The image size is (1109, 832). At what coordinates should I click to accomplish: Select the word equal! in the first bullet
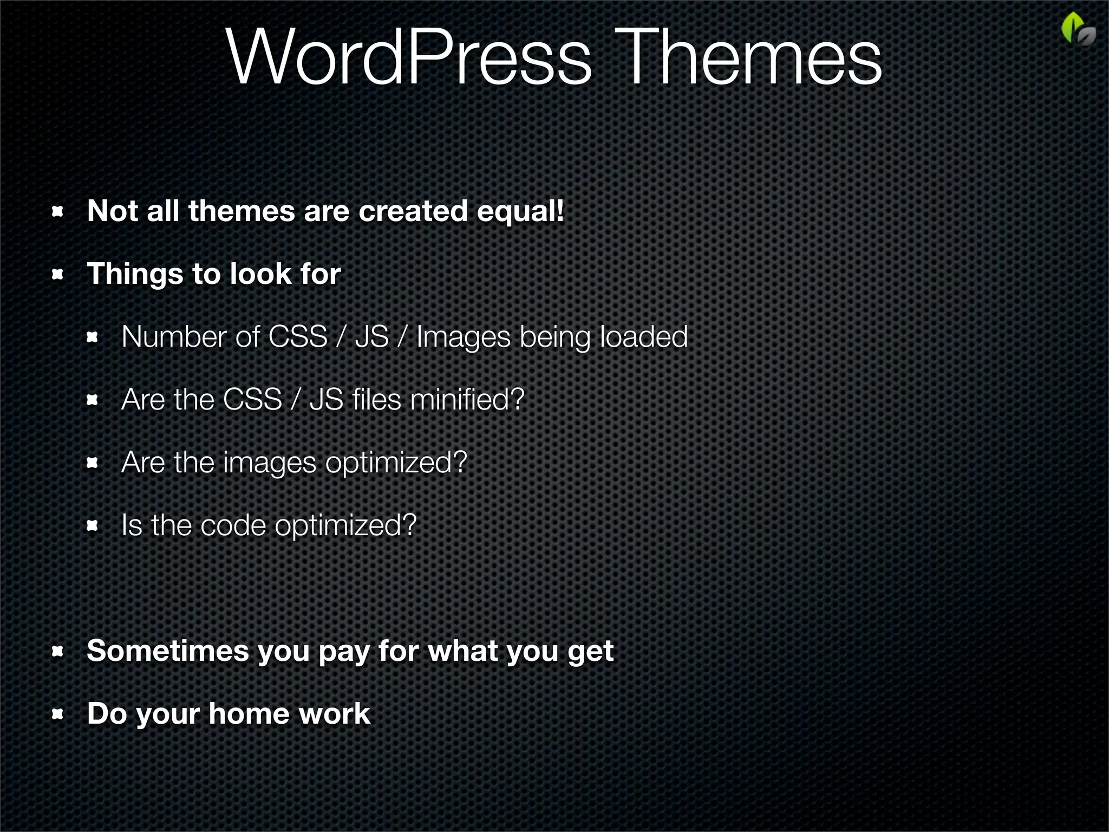coord(520,211)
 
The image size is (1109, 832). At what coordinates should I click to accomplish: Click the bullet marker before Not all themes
coord(58,211)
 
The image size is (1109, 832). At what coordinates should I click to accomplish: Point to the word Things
coord(135,274)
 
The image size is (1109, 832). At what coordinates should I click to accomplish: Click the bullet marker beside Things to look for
coord(58,274)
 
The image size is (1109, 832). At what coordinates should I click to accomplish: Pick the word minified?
coord(467,400)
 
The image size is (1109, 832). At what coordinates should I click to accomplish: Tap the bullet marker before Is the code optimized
coord(93,525)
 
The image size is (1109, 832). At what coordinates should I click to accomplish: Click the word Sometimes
coord(167,651)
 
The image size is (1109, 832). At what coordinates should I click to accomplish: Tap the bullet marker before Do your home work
coord(58,714)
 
